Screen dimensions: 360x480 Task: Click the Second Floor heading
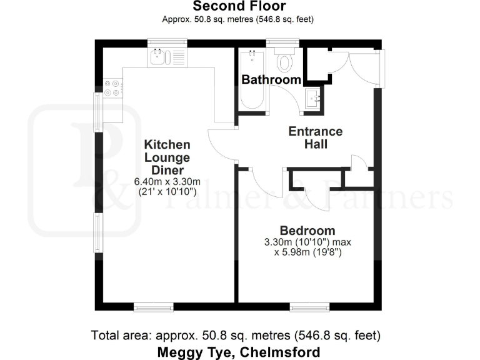[x=239, y=7]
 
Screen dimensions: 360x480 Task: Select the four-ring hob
[x=113, y=87]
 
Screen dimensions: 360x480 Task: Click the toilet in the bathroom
[x=285, y=62]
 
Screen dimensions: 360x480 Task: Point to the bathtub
[x=252, y=80]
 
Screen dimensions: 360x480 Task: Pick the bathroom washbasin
[x=313, y=98]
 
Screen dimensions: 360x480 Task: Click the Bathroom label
[x=271, y=80]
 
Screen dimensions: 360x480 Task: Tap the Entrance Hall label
[x=315, y=137]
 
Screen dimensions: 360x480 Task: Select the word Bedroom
[x=307, y=230]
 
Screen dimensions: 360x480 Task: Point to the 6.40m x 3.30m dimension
[x=167, y=182]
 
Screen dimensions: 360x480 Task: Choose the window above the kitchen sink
[x=167, y=42]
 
